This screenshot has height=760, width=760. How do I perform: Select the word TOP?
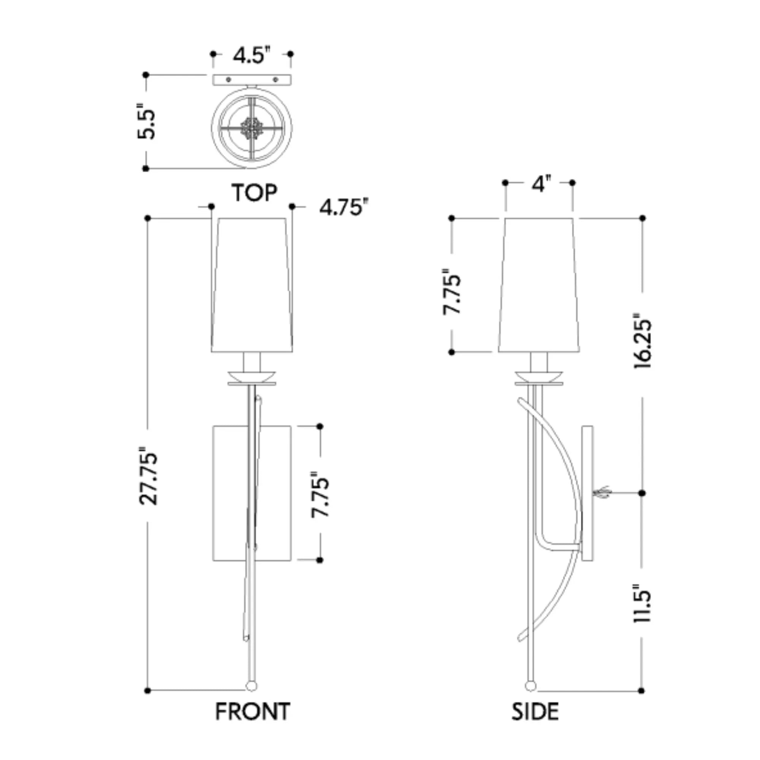click(x=254, y=193)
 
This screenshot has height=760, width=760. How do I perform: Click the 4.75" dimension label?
click(x=345, y=207)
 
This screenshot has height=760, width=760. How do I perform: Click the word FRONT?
click(x=253, y=712)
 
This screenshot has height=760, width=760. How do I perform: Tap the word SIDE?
click(x=535, y=712)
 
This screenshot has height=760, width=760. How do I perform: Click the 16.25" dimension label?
click(x=642, y=340)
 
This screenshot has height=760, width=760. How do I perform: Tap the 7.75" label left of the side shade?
click(x=451, y=291)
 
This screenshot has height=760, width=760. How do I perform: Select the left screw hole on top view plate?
click(x=228, y=80)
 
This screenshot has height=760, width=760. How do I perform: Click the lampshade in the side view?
click(x=539, y=285)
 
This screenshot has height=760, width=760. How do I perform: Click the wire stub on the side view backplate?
click(x=602, y=492)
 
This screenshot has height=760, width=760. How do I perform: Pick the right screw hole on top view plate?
click(x=275, y=80)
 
